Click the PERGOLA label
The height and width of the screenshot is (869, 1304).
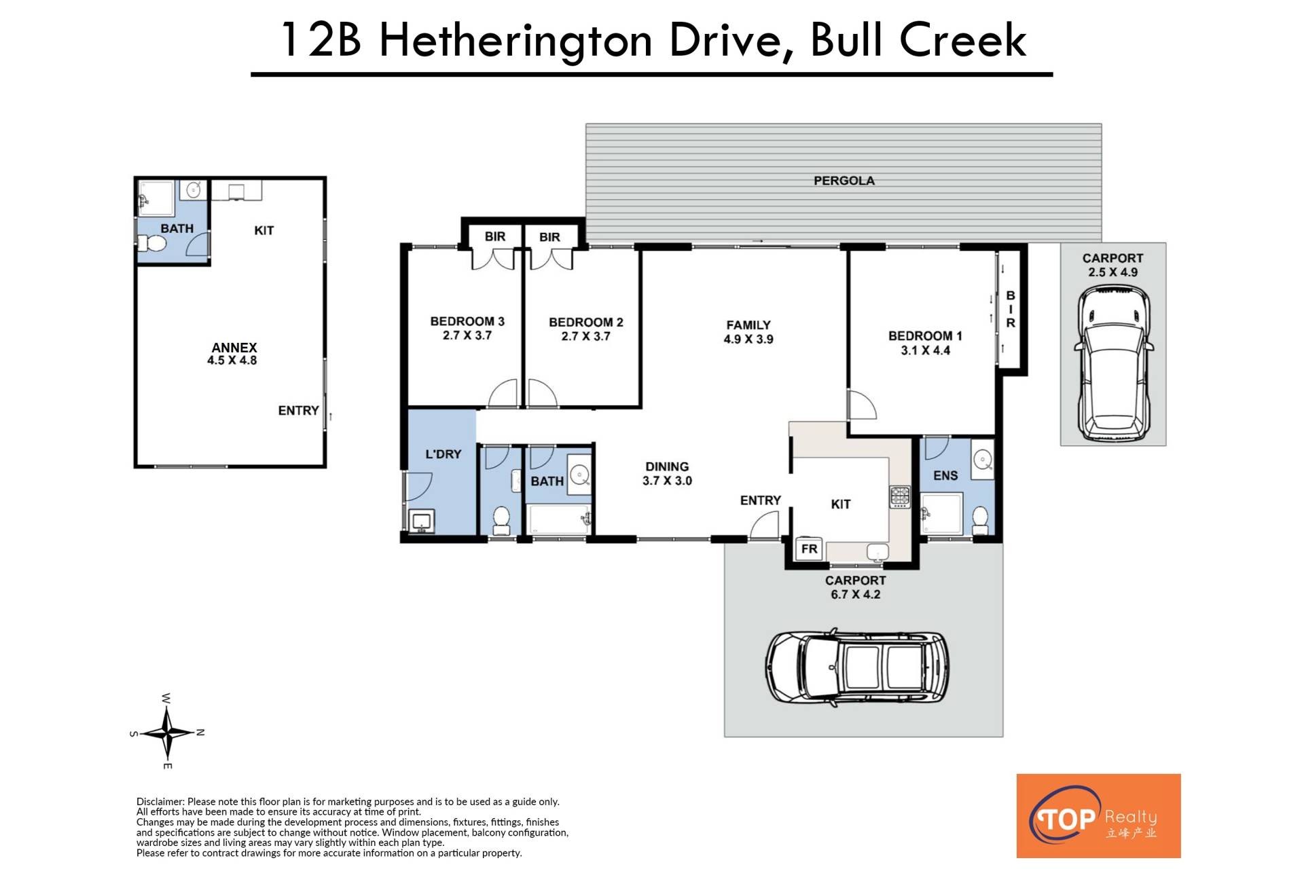(844, 181)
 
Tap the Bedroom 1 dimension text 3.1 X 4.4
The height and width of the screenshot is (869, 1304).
(925, 350)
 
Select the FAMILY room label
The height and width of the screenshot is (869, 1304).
(748, 325)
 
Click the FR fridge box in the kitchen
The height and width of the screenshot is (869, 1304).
(809, 549)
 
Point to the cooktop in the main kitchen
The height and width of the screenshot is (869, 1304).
(900, 497)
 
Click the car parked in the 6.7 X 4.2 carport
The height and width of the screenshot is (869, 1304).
(856, 667)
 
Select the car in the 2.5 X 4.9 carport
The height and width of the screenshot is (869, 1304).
(1113, 363)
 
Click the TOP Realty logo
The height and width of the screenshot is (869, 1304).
(1098, 816)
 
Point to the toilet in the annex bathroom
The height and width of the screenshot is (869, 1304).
(152, 243)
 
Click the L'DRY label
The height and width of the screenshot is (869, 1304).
(443, 454)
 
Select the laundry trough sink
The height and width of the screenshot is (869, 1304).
(422, 521)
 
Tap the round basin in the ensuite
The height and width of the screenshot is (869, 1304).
(982, 461)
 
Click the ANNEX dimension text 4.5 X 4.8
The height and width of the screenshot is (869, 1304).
(232, 360)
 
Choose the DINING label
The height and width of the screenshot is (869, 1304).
(667, 466)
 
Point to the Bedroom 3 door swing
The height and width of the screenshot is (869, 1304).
(503, 393)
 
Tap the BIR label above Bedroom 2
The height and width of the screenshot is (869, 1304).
(549, 237)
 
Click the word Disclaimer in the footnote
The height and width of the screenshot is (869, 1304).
(160, 802)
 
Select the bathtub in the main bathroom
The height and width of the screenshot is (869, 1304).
(558, 519)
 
